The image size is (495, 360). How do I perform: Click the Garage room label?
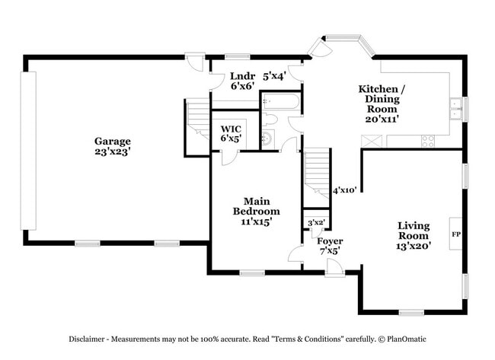(x=113, y=141)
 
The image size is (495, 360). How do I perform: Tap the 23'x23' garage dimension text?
(x=113, y=151)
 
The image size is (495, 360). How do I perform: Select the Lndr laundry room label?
(x=242, y=76)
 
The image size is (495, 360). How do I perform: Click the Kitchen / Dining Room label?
(x=382, y=99)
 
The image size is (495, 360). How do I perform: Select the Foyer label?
(x=331, y=241)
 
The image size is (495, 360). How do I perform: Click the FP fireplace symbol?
(x=456, y=234)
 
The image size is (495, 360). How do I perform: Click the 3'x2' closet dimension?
(x=315, y=222)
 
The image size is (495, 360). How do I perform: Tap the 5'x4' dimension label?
(x=273, y=76)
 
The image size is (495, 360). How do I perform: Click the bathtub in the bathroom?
(x=281, y=101)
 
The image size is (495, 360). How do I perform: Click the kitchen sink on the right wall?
(x=456, y=109)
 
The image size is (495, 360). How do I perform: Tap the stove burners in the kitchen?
(x=428, y=141)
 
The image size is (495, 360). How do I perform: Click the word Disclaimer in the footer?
(x=92, y=338)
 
